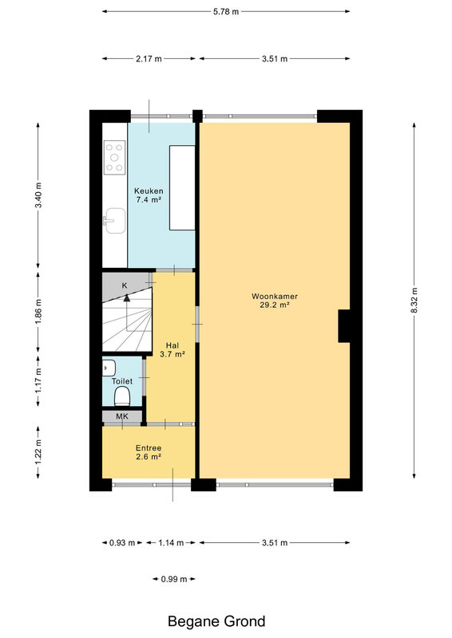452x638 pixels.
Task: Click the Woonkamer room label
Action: click(x=274, y=296)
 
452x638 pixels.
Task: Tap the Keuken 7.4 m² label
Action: click(x=149, y=195)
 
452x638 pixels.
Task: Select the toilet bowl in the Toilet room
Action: click(x=122, y=396)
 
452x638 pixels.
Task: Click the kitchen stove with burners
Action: click(x=114, y=157)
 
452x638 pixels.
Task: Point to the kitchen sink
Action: click(x=115, y=221)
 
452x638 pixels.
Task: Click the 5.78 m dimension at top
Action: click(x=226, y=11)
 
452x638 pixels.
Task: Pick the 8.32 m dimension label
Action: click(x=414, y=301)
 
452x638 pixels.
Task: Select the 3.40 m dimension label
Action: click(x=38, y=195)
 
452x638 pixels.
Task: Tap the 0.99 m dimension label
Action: click(x=174, y=579)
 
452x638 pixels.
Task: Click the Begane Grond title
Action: click(x=216, y=621)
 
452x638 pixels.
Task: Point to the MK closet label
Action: click(x=122, y=416)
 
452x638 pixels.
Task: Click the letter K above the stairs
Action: click(x=125, y=286)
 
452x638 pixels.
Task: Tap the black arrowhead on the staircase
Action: click(x=127, y=297)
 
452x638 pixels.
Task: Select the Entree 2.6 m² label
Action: click(x=149, y=452)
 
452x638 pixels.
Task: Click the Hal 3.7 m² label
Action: click(x=172, y=350)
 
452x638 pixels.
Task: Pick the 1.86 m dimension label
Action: click(x=38, y=312)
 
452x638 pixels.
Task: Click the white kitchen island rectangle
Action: click(x=182, y=187)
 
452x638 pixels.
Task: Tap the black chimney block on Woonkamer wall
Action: click(x=344, y=326)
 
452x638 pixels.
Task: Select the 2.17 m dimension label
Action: click(x=149, y=58)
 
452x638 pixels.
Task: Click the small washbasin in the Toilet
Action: click(x=109, y=368)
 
